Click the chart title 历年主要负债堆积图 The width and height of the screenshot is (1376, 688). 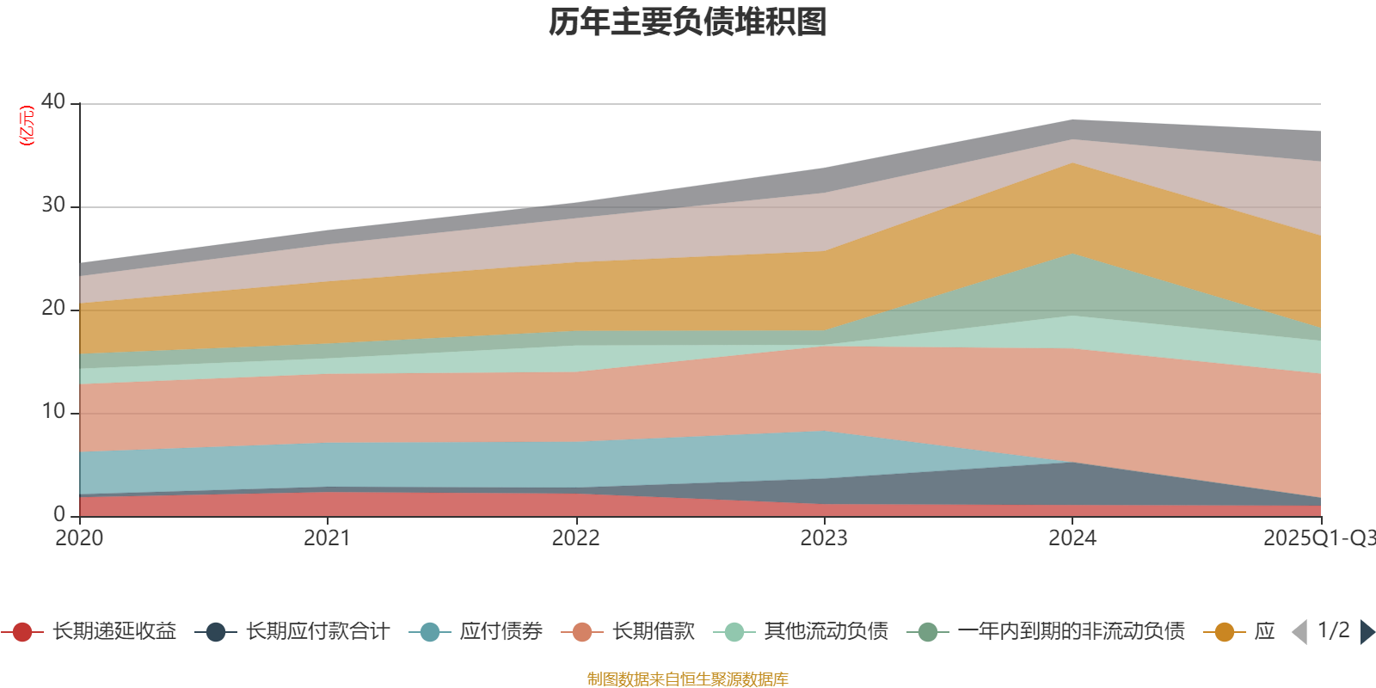pos(688,22)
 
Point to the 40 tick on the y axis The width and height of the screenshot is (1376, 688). pos(53,101)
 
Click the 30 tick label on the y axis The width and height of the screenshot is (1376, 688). pos(53,205)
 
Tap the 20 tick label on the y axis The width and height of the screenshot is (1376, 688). pos(53,308)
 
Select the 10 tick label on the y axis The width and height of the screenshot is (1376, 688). pos(53,411)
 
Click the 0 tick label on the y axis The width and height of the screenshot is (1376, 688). pos(59,514)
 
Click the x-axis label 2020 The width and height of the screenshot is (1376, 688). pos(79,538)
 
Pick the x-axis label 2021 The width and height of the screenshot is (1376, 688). pos(327,538)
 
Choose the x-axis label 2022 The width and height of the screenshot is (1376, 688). pos(575,538)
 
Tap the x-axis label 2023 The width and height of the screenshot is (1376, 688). pos(824,538)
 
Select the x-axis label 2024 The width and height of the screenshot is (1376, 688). pos(1072,538)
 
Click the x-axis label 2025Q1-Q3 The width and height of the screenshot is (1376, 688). pos(1318,538)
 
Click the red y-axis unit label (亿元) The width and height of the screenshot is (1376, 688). pos(27,126)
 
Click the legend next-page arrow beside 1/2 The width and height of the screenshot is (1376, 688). pos(1367,632)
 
